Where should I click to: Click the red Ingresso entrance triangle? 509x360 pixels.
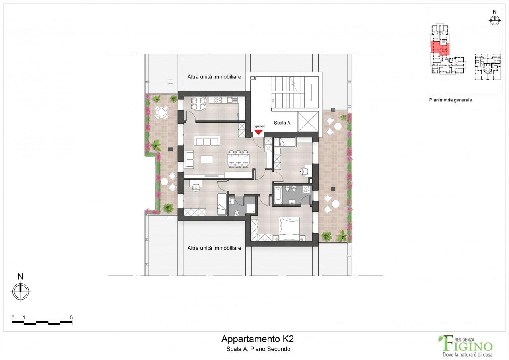tap(258, 132)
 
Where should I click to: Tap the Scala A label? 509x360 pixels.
tap(282, 123)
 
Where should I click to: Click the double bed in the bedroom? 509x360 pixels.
tap(289, 230)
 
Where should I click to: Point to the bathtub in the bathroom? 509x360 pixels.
tap(278, 195)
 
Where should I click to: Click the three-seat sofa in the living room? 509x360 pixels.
tap(207, 141)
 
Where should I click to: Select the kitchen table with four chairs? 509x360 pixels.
tap(198, 103)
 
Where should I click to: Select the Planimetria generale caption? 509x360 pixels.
tap(450, 100)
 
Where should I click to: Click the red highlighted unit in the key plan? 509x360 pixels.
tap(440, 48)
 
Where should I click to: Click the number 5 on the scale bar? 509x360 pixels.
tap(71, 317)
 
